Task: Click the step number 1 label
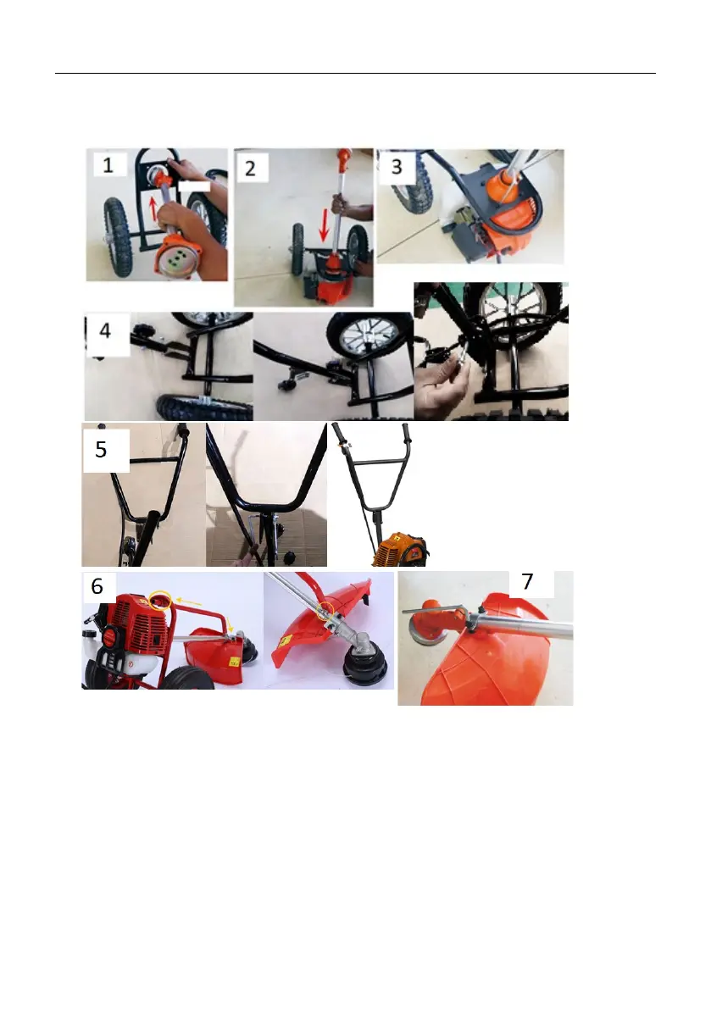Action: pyautogui.click(x=108, y=164)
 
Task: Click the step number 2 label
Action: pyautogui.click(x=250, y=169)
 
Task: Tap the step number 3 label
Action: pyautogui.click(x=397, y=167)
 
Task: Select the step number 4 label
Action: pyautogui.click(x=105, y=330)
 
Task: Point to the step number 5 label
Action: pyautogui.click(x=101, y=449)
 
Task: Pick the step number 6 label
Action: pyautogui.click(x=97, y=585)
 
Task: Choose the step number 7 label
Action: pyautogui.click(x=528, y=581)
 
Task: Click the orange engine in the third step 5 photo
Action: pyautogui.click(x=400, y=550)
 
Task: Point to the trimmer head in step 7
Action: pyautogui.click(x=429, y=624)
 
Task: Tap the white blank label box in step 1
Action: pyautogui.click(x=194, y=186)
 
